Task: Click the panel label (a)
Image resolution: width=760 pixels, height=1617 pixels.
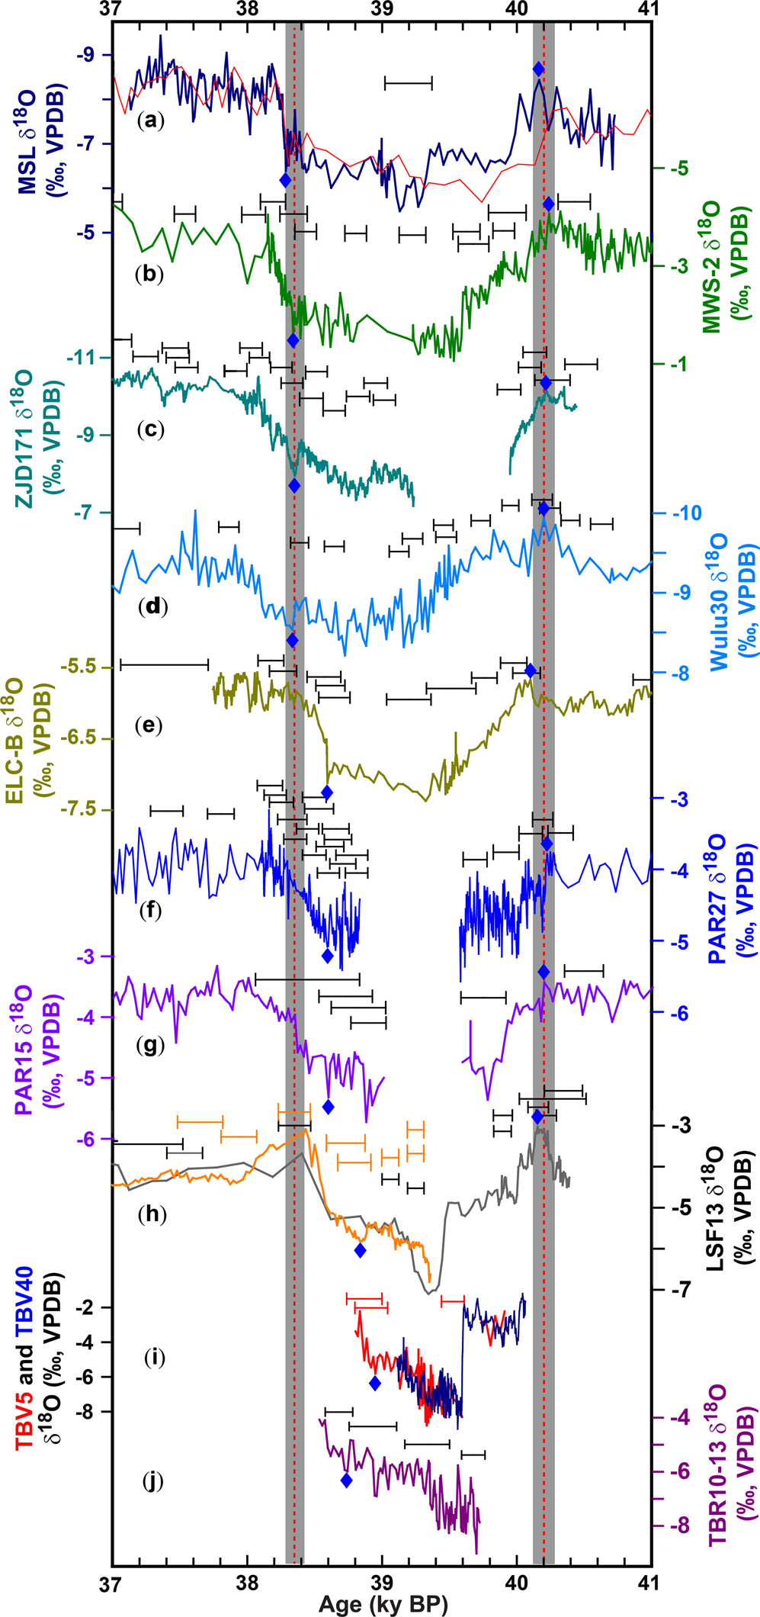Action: coord(150,120)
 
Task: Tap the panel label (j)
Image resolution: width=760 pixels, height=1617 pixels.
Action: coord(153,1481)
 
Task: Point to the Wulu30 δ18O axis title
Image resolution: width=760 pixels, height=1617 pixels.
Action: coord(728,601)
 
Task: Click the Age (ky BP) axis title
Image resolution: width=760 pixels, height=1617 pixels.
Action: coord(383,1604)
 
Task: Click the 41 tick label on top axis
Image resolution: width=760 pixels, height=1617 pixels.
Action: coord(650,9)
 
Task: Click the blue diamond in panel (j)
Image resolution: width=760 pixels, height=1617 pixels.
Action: coord(346,1480)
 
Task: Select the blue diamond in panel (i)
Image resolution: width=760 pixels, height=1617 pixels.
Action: coord(374,1383)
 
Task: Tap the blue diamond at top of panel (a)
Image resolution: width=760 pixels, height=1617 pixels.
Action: coord(538,69)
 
